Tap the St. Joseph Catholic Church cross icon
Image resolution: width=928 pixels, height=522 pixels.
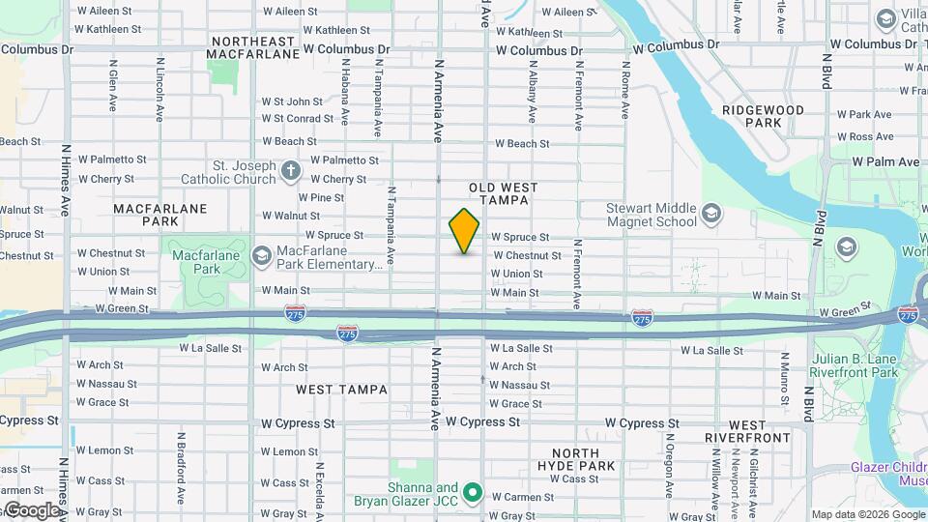pos(291,171)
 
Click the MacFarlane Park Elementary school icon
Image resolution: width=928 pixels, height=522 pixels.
pos(260,255)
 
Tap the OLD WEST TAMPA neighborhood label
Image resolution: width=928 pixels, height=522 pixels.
pos(499,192)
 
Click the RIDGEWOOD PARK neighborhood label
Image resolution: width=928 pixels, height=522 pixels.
pos(764,117)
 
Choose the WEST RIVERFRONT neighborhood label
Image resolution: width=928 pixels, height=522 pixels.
pos(762,431)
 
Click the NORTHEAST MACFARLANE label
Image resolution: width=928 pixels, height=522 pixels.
pos(253,47)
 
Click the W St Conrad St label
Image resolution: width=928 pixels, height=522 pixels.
pos(297,119)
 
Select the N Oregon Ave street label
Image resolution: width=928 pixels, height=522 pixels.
pos(668,469)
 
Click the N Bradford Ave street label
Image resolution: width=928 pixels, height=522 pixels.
pos(181,469)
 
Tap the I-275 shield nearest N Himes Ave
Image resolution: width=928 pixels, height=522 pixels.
pos(296,313)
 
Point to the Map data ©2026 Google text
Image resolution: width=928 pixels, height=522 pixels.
pos(867,514)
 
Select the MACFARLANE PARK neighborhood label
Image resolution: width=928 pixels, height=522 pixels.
pos(148,214)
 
